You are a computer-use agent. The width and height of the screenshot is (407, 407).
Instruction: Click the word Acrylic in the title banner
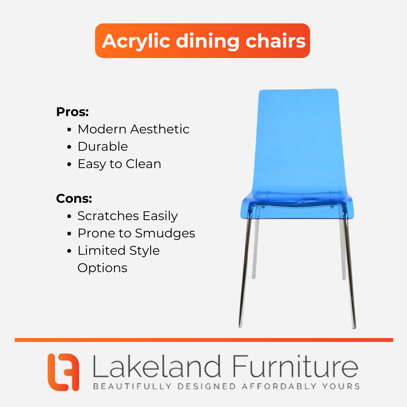tap(136, 41)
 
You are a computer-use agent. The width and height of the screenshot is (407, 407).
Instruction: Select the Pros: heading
tap(72, 112)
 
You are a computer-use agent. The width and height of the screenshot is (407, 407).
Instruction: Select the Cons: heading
tap(74, 199)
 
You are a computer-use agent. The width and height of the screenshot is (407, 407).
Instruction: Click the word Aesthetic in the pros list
tap(160, 129)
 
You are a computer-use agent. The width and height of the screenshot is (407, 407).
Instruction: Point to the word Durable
tap(103, 146)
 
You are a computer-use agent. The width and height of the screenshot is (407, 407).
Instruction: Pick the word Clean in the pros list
tap(144, 164)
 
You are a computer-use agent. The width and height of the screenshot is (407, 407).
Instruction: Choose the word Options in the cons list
tap(103, 268)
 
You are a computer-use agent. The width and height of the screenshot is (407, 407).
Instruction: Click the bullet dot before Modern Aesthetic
tap(69, 130)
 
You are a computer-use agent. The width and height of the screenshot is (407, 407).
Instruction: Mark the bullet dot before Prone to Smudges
tap(69, 234)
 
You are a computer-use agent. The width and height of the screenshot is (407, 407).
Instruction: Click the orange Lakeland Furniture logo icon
tap(63, 372)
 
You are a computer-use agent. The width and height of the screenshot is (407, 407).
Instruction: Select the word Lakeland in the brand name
tap(157, 366)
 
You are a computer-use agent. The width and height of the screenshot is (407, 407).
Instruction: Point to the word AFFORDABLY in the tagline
tap(279, 386)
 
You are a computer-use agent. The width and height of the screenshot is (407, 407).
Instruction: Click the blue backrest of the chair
tap(299, 143)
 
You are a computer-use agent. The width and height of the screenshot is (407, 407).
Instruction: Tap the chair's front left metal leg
tap(245, 272)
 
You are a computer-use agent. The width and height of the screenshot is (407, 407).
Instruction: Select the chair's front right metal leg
tap(350, 272)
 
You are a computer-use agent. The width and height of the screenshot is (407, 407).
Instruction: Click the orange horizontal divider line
tap(204, 340)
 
